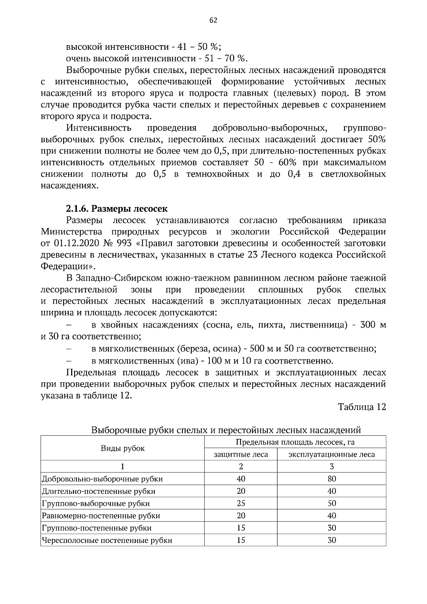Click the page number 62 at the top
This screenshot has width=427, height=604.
coord(213,20)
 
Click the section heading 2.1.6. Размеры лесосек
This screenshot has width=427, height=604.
coord(117,208)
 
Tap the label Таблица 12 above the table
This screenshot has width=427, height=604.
coord(362,407)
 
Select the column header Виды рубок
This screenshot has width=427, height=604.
coord(122,448)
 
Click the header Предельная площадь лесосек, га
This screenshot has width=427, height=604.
coord(295,442)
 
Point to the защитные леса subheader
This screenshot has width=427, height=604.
coord(241,454)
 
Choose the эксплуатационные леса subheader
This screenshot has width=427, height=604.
coord(331,454)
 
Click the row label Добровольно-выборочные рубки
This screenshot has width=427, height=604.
coord(102,479)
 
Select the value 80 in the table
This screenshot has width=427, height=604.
coord(331,479)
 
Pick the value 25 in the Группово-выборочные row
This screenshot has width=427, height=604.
coord(241,503)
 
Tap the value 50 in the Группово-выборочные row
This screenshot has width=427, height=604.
coord(331,503)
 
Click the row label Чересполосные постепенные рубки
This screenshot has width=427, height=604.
coord(107,540)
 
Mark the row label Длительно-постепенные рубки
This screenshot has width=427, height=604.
coord(99,491)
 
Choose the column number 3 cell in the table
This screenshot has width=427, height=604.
coord(331,466)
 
